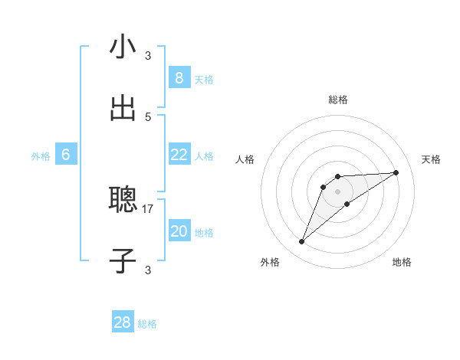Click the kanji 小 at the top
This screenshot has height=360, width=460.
coord(123,47)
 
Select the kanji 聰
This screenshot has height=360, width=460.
coord(123,201)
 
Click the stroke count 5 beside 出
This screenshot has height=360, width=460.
coord(148,116)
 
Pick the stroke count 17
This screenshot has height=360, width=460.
coord(149,208)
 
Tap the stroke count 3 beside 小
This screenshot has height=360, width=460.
coord(148,55)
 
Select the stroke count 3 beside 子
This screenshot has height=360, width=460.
coord(148,270)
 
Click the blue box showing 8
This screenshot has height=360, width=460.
coord(179,78)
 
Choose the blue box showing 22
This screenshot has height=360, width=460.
coord(179,155)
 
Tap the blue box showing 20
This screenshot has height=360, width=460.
coord(179,231)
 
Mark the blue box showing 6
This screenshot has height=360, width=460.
coord(66,155)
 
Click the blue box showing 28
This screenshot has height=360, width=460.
coord(123,322)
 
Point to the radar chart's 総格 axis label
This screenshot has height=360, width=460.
coord(338,100)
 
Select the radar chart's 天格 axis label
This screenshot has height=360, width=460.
coord(432,159)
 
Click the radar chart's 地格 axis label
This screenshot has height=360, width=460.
coord(402,263)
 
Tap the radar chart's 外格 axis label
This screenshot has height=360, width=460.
coord(270,263)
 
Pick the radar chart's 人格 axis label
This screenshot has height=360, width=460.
coord(245,159)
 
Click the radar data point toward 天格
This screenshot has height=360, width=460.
coord(396,172)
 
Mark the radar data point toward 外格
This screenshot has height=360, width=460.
coord(301,242)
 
